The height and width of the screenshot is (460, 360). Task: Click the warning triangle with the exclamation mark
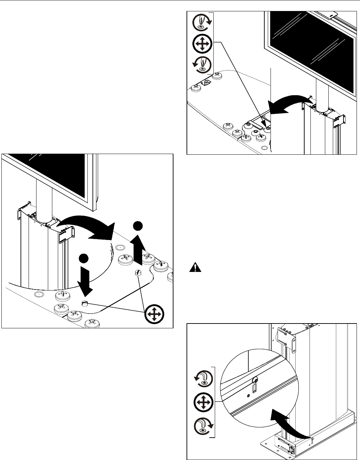pos(195,268)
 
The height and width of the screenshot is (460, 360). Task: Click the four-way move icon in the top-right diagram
pos(203,44)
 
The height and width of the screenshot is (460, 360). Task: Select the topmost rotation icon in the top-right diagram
pos(203,21)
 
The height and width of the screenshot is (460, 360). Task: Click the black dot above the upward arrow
pos(138,226)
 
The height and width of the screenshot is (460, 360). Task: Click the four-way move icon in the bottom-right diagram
pos(203,402)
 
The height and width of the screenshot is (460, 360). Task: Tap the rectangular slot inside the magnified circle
pos(254,388)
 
